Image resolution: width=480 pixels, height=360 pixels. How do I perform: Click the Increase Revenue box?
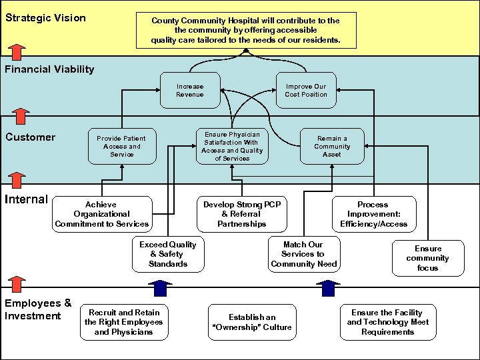pyautogui.click(x=190, y=91)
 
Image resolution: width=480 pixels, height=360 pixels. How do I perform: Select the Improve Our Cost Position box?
pyautogui.click(x=306, y=91)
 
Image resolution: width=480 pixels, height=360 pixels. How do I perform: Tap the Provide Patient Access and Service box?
pyautogui.click(x=122, y=146)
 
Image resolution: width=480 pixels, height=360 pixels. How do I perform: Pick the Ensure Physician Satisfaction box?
pyautogui.click(x=232, y=146)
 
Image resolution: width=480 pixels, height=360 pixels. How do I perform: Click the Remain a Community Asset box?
pyautogui.click(x=331, y=146)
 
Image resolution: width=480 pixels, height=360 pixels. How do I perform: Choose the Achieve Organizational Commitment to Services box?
pyautogui.click(x=101, y=214)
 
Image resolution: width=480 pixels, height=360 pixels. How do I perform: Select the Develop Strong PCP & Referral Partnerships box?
pyautogui.click(x=241, y=214)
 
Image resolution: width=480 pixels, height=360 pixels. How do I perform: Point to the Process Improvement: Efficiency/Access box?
pyautogui.click(x=373, y=214)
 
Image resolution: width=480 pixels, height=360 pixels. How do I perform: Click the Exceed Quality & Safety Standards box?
pyautogui.click(x=168, y=254)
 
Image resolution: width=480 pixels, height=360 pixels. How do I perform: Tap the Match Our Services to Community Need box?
pyautogui.click(x=303, y=254)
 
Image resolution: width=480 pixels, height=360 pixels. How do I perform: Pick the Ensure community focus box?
pyautogui.click(x=427, y=258)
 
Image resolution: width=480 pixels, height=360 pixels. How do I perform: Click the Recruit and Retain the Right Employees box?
pyautogui.click(x=123, y=322)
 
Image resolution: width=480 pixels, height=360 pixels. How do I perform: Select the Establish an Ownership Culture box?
pyautogui.click(x=251, y=322)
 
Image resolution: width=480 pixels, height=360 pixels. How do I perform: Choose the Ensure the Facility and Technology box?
pyautogui.click(x=387, y=322)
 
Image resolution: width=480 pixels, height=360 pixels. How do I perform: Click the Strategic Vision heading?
pyautogui.click(x=45, y=18)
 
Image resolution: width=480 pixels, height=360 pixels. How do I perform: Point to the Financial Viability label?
pyautogui.click(x=49, y=69)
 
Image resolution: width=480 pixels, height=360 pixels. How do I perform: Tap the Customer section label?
pyautogui.click(x=30, y=137)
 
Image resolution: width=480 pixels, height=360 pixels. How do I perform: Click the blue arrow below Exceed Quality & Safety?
pyautogui.click(x=159, y=288)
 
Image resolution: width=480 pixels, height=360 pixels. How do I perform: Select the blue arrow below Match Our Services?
pyautogui.click(x=327, y=288)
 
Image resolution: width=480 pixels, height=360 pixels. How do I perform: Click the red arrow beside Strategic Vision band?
pyautogui.click(x=18, y=51)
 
